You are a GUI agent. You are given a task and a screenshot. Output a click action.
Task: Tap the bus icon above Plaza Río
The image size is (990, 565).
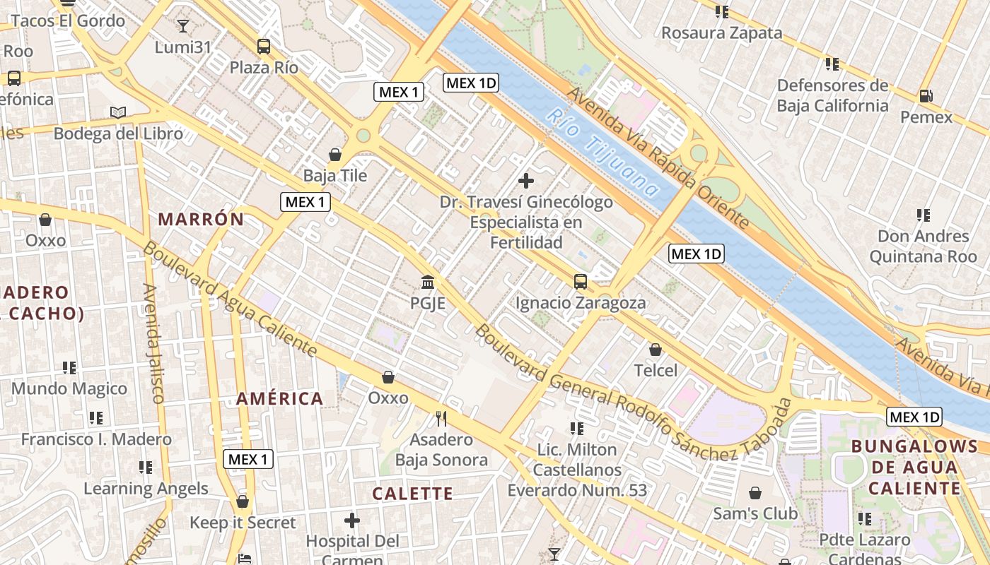tap(264, 47)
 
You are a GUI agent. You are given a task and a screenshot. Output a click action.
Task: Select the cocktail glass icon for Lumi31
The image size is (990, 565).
tap(183, 26)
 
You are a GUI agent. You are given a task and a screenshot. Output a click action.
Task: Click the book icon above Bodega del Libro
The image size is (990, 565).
tap(118, 112)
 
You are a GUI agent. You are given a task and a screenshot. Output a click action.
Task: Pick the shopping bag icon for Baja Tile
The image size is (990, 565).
tap(335, 154)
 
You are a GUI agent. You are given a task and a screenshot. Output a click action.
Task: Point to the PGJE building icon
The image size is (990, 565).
tap(428, 282)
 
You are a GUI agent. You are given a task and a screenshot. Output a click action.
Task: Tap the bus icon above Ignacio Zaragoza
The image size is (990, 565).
tap(581, 282)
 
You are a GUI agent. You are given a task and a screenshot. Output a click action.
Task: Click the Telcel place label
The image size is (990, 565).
tap(656, 370)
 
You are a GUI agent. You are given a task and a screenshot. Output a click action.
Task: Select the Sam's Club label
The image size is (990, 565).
tap(755, 513)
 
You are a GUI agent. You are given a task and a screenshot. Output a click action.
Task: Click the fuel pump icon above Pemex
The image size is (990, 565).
tap(926, 95)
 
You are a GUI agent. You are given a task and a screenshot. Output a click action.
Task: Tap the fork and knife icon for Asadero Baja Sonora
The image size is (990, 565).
tap(441, 418)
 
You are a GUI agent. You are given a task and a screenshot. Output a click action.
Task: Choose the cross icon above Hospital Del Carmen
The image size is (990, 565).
tap(352, 521)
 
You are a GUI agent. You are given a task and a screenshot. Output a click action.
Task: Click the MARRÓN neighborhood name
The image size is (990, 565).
tap(201, 219)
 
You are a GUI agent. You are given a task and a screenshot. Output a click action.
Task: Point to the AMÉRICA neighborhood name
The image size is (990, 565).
tap(279, 398)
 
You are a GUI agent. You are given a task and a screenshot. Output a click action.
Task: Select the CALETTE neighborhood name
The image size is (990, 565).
tap(412, 494)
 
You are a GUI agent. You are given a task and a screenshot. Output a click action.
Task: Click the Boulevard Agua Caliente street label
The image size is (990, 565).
tap(230, 299)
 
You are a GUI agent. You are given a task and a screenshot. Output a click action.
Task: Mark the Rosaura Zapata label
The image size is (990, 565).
tap(721, 32)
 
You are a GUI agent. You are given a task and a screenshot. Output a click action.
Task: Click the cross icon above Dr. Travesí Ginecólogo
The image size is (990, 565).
tap(526, 181)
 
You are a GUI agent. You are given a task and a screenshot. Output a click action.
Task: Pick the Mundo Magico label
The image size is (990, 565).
tap(69, 388)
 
